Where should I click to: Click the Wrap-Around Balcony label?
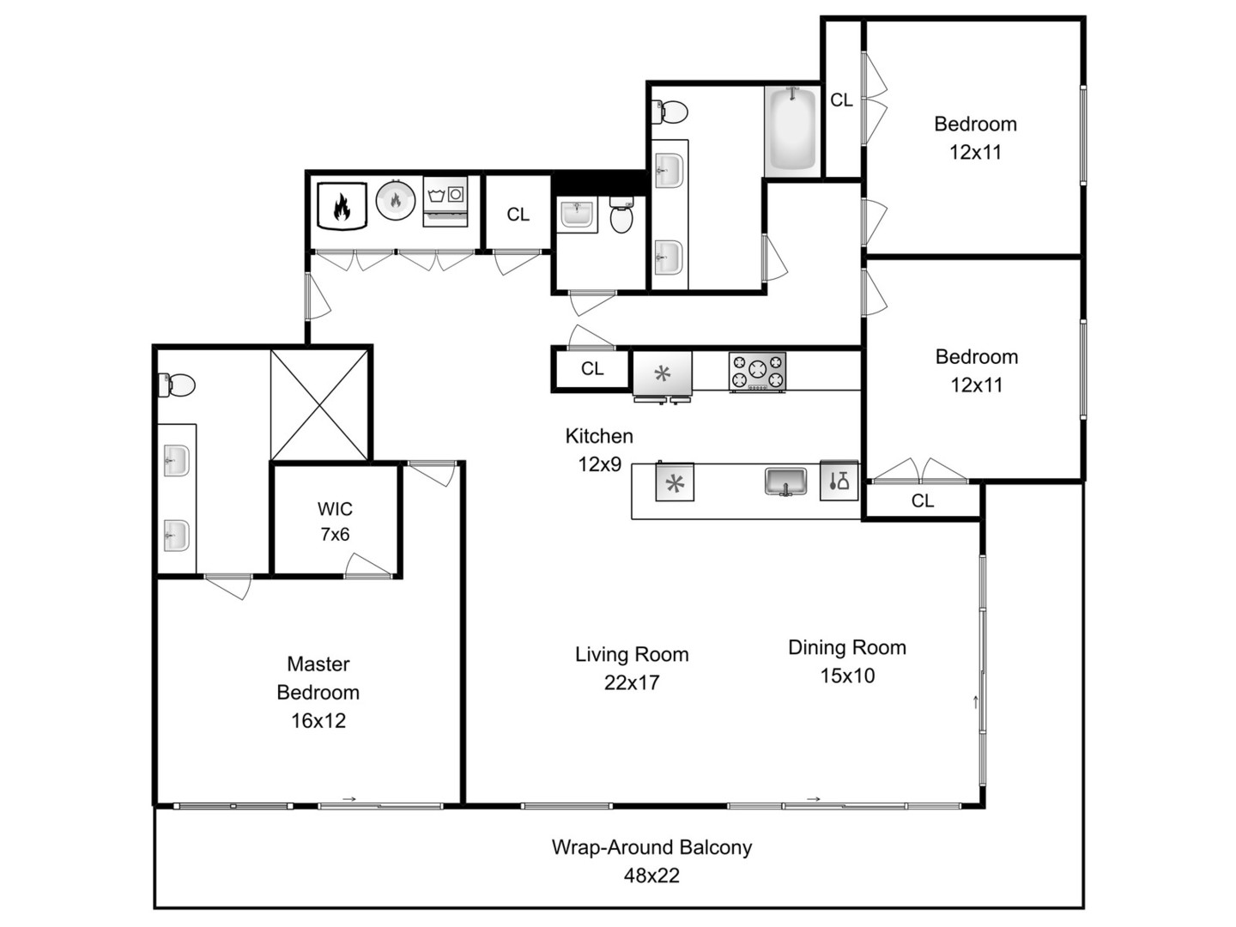tap(651, 861)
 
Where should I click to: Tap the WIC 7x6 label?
tap(335, 521)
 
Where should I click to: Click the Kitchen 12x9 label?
tap(599, 450)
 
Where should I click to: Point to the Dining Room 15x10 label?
tap(847, 661)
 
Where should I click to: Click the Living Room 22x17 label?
tap(632, 668)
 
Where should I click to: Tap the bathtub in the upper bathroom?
tap(791, 130)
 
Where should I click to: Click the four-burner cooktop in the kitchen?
tap(757, 372)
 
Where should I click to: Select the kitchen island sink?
tap(785, 482)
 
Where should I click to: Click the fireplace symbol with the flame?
tap(342, 205)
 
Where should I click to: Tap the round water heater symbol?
tap(396, 201)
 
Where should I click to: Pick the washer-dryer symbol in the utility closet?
tap(445, 202)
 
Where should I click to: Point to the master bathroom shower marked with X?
tap(320, 403)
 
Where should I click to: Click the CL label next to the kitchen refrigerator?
tap(592, 369)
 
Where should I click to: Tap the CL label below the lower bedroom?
tap(923, 501)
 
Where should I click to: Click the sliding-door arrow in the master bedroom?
tap(349, 799)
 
